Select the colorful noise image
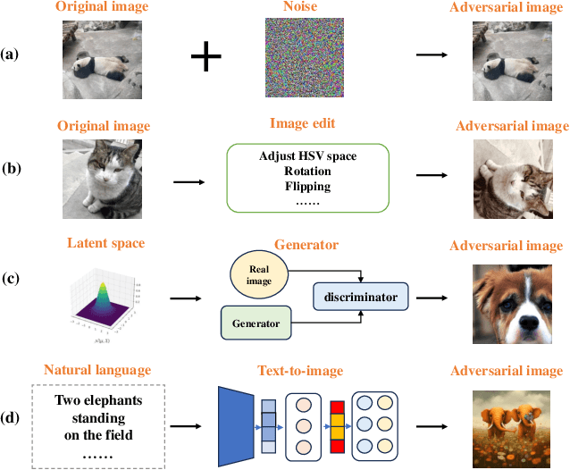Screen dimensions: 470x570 (x=298, y=60)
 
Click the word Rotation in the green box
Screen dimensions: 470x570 (x=307, y=172)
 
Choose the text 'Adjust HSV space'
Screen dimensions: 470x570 (x=307, y=156)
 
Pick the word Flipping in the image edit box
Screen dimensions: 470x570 (x=307, y=187)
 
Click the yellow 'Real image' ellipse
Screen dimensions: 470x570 (x=260, y=274)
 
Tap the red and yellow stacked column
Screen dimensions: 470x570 (x=336, y=413)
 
